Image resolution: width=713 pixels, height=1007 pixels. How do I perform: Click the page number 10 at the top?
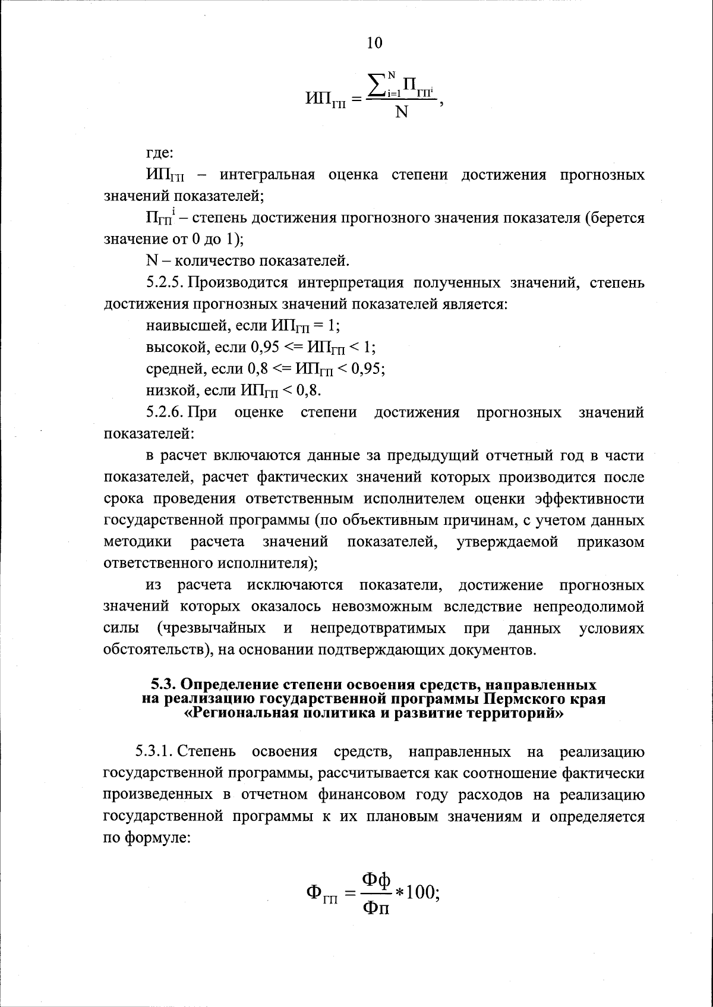tap(375, 43)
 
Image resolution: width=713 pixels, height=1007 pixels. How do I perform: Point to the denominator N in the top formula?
tap(402, 112)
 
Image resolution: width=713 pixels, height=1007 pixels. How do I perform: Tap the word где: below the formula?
tap(160, 153)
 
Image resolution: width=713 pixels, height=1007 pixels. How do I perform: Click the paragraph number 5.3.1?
tap(154, 752)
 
